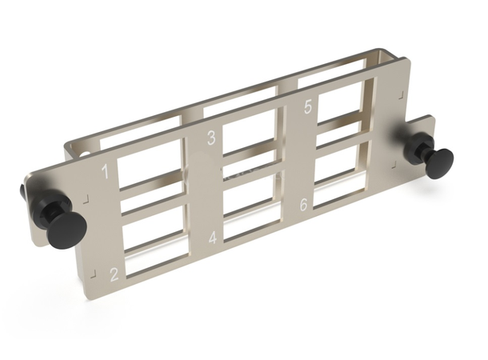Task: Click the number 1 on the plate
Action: pyautogui.click(x=105, y=170)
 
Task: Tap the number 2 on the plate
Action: pyautogui.click(x=114, y=274)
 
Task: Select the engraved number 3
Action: pyautogui.click(x=211, y=137)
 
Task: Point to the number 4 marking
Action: pyautogui.click(x=213, y=238)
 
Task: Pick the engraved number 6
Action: pyautogui.click(x=304, y=205)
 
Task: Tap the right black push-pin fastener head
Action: pyautogui.click(x=439, y=162)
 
